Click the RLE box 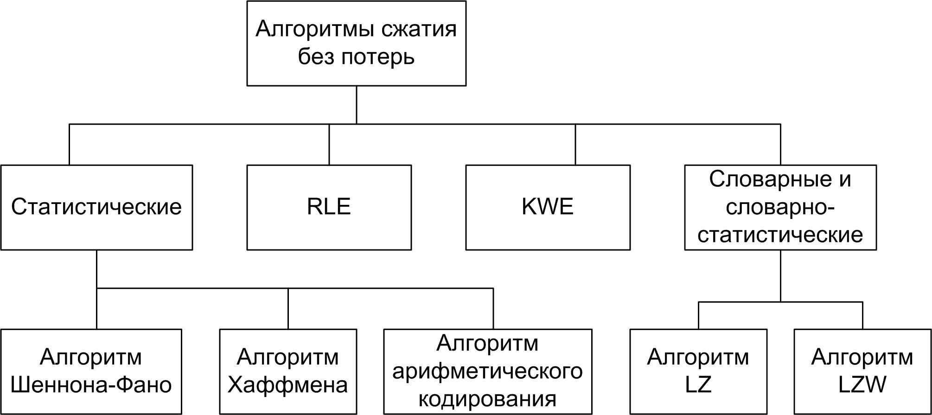(x=329, y=207)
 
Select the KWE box (x=548, y=207)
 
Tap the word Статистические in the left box (x=96, y=207)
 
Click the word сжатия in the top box (x=418, y=30)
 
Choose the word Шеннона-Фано (x=91, y=385)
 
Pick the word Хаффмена (x=287, y=385)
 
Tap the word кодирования (x=487, y=399)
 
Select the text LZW (x=862, y=385)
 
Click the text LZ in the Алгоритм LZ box (x=698, y=385)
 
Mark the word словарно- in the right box (x=780, y=207)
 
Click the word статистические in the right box (x=780, y=235)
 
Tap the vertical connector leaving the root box (x=356, y=105)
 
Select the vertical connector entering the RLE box (x=329, y=145)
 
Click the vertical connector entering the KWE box (x=575, y=145)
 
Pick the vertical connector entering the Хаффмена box (x=288, y=309)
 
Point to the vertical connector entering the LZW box (x=862, y=316)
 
